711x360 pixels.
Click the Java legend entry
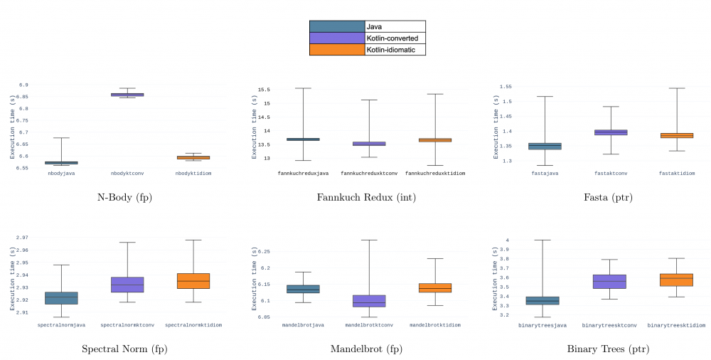pyautogui.click(x=367, y=26)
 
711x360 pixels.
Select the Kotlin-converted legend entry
pyautogui.click(x=367, y=38)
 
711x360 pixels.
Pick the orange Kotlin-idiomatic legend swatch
pyautogui.click(x=337, y=50)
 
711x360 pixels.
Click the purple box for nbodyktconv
pyautogui.click(x=127, y=94)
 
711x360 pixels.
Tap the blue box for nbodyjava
pyautogui.click(x=61, y=162)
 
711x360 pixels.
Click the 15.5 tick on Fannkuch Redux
pyautogui.click(x=264, y=90)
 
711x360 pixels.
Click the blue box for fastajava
pyautogui.click(x=545, y=146)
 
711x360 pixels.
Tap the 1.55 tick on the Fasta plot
pyautogui.click(x=506, y=86)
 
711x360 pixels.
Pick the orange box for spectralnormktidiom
pyautogui.click(x=193, y=280)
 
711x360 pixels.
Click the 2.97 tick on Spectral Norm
pyautogui.click(x=21, y=238)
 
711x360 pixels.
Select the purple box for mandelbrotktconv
pyautogui.click(x=368, y=301)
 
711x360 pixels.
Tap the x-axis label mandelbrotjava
pyautogui.click(x=303, y=324)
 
